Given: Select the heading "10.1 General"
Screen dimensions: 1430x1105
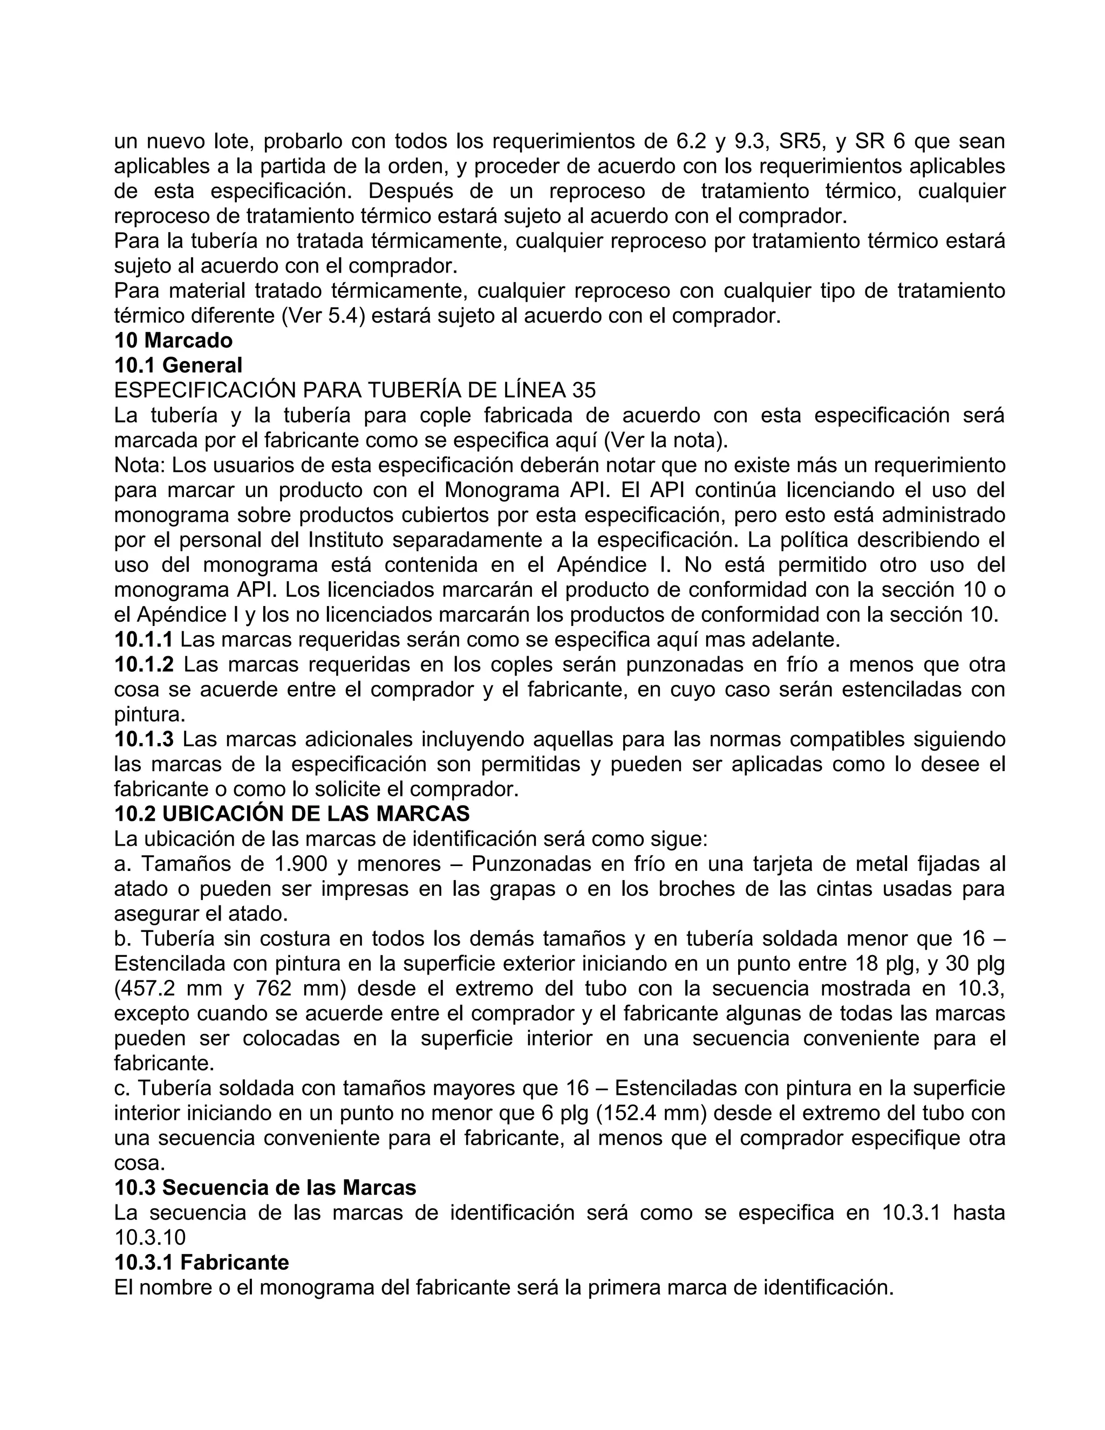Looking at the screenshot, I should (178, 365).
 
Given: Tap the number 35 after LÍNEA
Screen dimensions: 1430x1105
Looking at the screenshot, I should (584, 390).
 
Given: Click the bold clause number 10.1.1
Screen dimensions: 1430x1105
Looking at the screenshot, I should (144, 639).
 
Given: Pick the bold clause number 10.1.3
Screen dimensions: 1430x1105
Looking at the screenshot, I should (144, 739).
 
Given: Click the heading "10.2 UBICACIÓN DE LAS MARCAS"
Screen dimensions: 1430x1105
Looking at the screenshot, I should (292, 814).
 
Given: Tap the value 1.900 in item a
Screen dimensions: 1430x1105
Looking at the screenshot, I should (298, 864).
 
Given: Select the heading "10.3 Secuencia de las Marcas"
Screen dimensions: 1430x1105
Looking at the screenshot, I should (265, 1188).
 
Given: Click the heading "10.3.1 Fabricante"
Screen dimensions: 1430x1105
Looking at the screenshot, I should (202, 1262).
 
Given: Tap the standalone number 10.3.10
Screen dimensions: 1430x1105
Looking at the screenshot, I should (150, 1237).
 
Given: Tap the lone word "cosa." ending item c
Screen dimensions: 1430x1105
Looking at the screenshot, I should (139, 1163).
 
